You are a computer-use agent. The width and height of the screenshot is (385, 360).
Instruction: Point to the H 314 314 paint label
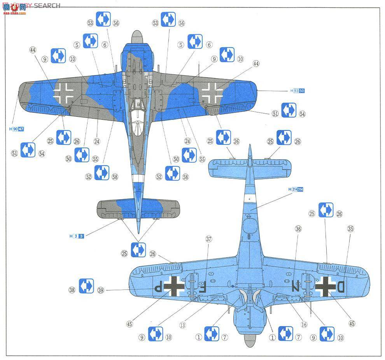(296, 190)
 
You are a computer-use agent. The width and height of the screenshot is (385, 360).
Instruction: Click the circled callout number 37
(209, 239)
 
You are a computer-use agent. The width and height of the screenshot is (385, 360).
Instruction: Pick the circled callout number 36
(298, 229)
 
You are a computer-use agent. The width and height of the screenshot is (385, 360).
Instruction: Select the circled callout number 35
(351, 229)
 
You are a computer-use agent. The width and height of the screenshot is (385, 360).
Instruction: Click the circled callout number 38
(72, 290)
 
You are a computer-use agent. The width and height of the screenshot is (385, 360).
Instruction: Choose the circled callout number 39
(101, 290)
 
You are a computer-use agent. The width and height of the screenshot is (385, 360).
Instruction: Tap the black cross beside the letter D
(324, 287)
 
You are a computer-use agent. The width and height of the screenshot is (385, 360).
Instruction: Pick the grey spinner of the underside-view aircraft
(249, 340)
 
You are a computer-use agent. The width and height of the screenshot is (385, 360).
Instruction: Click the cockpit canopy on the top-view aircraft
(136, 117)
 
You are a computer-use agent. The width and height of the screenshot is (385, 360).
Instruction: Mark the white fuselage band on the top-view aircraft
(137, 178)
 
